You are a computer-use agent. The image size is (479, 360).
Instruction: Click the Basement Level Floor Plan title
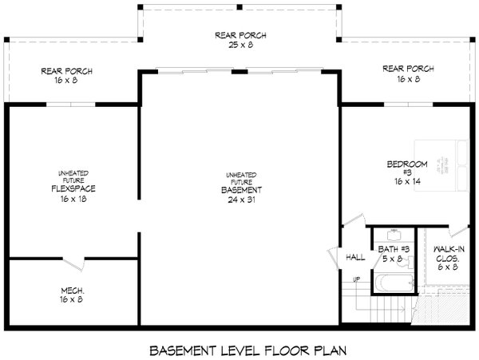click(239, 350)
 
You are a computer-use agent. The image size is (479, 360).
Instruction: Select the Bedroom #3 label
click(407, 169)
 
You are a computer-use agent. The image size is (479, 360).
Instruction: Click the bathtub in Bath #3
click(394, 283)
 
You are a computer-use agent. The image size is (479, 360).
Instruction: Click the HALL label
click(354, 257)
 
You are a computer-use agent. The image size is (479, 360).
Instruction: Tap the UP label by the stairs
click(357, 279)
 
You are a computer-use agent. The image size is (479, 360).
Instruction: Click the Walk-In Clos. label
click(449, 255)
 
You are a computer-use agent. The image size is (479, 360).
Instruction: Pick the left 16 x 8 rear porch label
click(67, 75)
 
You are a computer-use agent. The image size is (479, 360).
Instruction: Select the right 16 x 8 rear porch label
click(407, 73)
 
